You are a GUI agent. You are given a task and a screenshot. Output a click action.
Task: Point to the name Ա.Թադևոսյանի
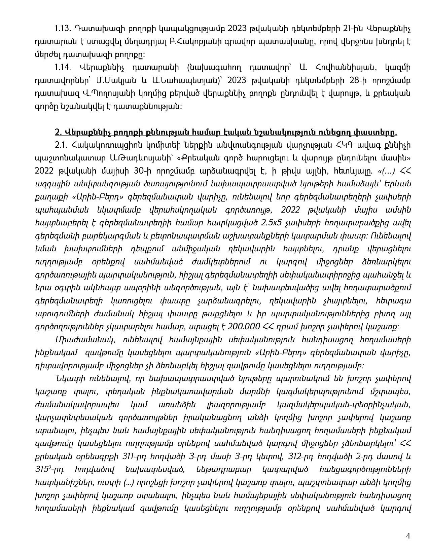coord(136,158)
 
